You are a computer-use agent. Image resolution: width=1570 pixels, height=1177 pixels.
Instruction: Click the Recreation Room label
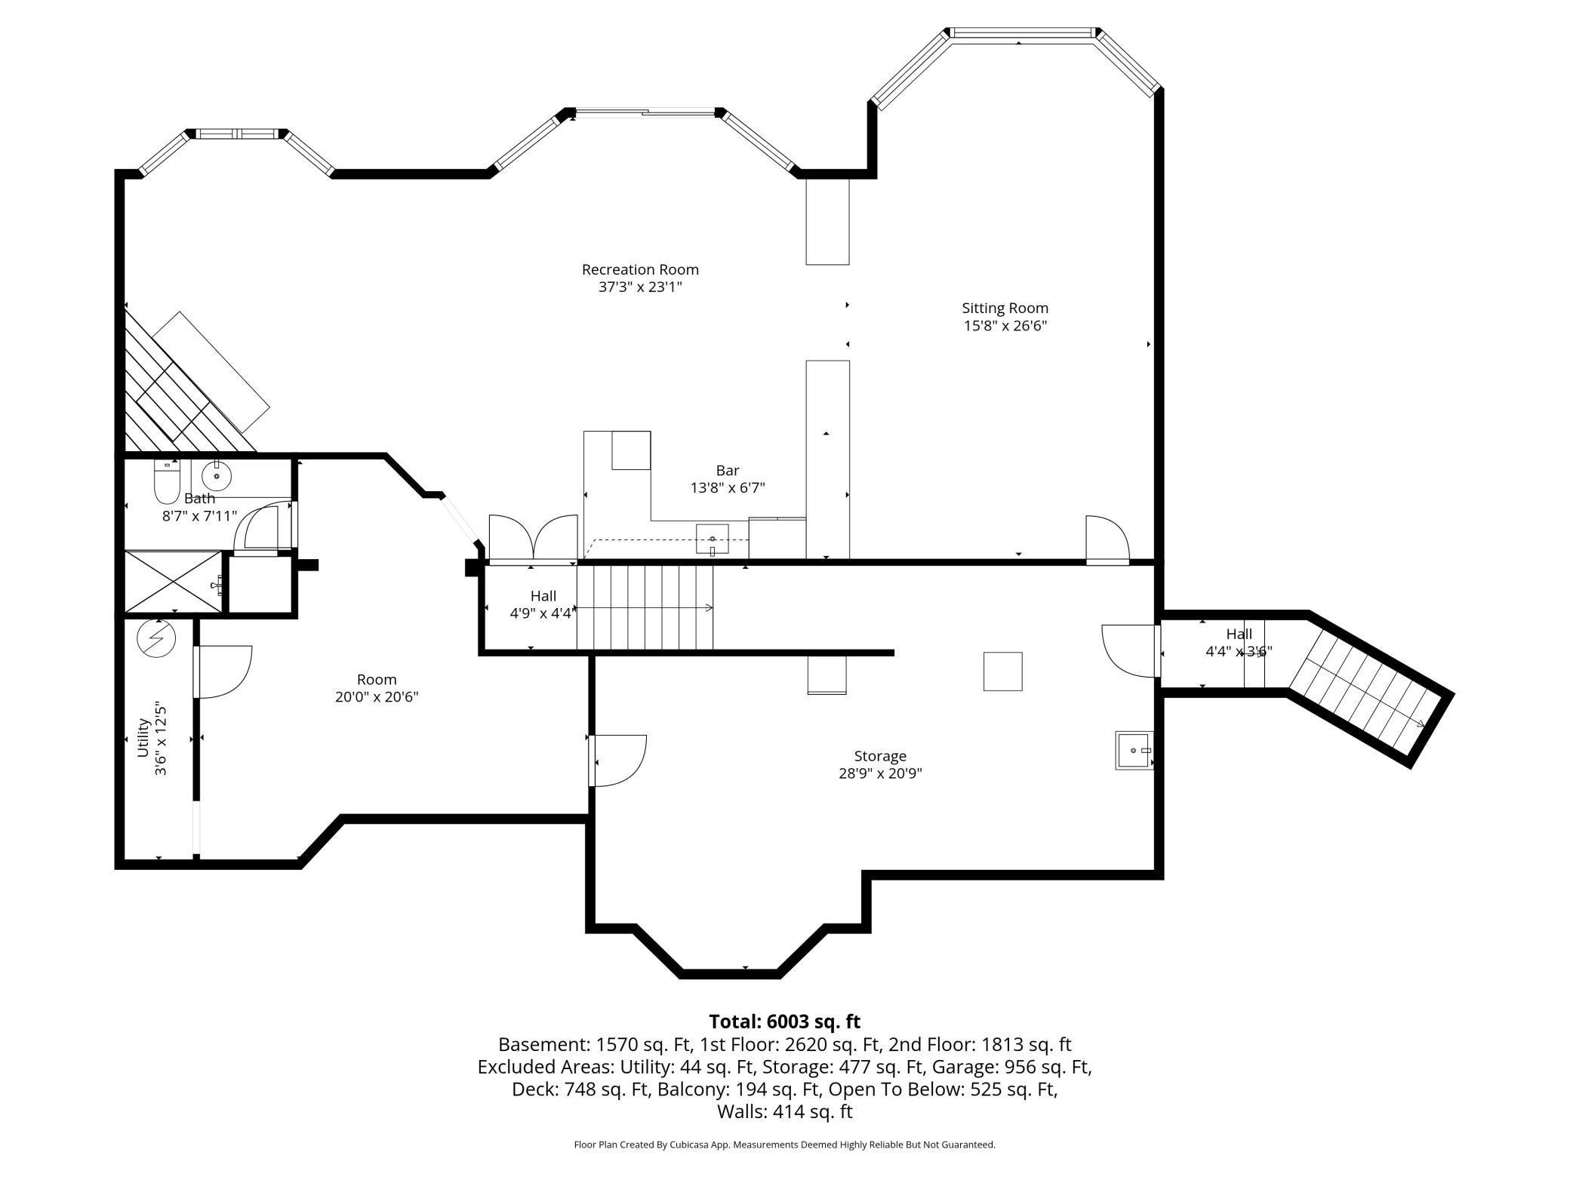coord(640,269)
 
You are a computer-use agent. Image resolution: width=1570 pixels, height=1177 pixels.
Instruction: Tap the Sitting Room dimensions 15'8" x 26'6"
coord(1005,326)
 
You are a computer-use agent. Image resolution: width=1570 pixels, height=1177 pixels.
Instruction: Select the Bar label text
coord(728,471)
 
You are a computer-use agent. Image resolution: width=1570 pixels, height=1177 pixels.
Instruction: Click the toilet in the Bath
coord(167,481)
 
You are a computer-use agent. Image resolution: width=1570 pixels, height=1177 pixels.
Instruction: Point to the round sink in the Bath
coord(217,476)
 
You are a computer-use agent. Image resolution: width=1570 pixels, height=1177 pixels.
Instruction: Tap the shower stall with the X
coord(174,582)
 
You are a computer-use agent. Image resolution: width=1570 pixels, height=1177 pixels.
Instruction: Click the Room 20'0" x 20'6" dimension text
coord(377,697)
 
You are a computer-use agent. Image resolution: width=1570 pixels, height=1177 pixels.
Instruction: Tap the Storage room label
coord(880,756)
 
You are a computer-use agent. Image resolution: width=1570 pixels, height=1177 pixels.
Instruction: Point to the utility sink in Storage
coord(1134,750)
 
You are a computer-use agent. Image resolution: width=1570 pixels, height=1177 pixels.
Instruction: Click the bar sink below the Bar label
coord(712,539)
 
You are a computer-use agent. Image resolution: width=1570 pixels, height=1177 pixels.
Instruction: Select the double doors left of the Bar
coord(533,538)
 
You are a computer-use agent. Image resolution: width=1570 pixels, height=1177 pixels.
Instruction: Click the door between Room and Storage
coord(617,761)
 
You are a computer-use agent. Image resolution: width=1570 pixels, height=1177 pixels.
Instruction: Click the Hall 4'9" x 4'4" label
coord(543,605)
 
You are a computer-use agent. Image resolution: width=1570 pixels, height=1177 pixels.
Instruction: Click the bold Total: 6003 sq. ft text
coord(784,1022)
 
